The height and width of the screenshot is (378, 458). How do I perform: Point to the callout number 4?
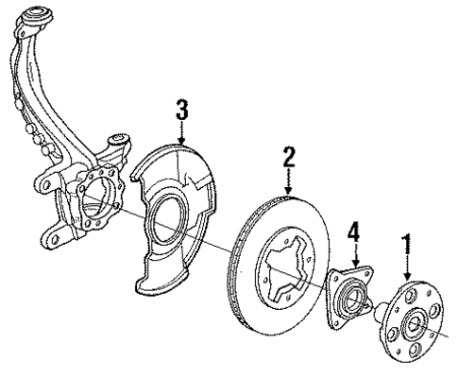pyautogui.click(x=354, y=232)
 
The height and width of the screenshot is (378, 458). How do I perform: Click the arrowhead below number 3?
pyautogui.click(x=184, y=139)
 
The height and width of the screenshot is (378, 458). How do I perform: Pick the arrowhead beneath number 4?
pyautogui.click(x=354, y=266)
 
